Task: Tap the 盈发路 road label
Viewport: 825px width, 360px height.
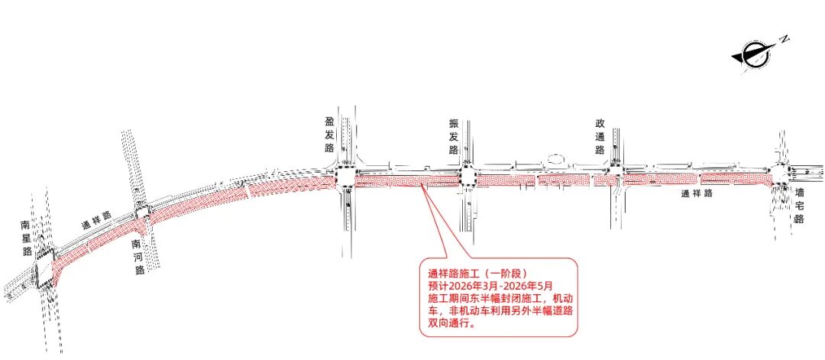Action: tap(330, 135)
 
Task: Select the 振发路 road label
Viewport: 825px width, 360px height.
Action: tap(454, 136)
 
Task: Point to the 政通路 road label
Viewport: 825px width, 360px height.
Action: tap(600, 136)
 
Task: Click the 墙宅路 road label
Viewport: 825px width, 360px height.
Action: tap(799, 206)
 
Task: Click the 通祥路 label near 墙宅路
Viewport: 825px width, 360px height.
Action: tap(697, 194)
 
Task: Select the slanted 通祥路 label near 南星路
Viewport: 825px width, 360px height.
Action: tap(96, 223)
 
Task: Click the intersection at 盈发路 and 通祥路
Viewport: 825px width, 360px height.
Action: tap(345, 178)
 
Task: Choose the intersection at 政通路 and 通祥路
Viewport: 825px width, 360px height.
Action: tap(616, 177)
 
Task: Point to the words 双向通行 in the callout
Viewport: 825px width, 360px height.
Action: tap(448, 323)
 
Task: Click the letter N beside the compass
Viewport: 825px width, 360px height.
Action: tap(784, 37)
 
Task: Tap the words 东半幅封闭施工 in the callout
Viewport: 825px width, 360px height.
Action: tap(496, 297)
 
